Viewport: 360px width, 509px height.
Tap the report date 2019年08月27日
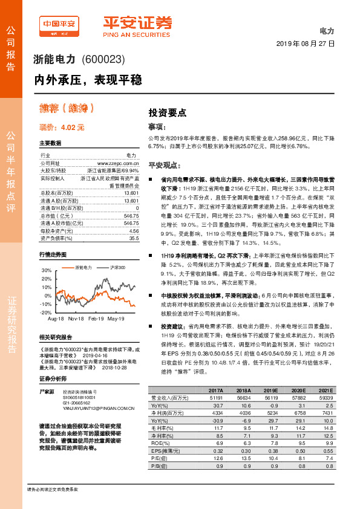tap(305, 44)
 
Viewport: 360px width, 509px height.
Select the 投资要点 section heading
tap(167, 112)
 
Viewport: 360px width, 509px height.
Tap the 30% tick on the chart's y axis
tap(46, 270)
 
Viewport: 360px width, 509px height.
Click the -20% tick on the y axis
tap(45, 313)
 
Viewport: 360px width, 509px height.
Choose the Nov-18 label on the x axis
tap(76, 318)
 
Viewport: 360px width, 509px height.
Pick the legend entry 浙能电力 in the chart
tap(83, 267)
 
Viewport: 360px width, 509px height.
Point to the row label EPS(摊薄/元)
tap(165, 451)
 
